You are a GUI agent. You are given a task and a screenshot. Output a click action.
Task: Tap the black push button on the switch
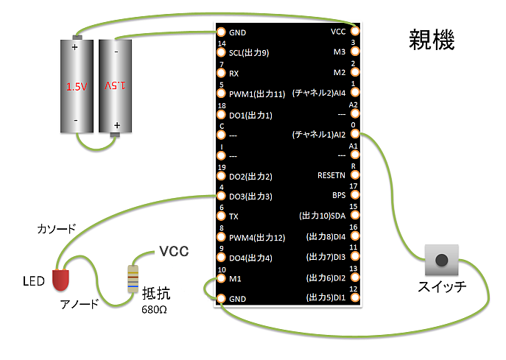441,260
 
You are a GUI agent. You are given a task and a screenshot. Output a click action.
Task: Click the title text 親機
432,40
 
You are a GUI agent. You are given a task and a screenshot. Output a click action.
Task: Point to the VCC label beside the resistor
174,252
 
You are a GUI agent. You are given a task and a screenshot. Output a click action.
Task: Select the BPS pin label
338,196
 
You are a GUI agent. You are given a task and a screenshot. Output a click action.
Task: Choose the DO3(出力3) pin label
250,197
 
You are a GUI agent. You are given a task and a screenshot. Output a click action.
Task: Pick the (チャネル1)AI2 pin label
319,135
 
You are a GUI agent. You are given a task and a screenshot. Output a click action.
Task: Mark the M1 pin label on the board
235,278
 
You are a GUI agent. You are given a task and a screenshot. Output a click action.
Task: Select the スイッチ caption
441,287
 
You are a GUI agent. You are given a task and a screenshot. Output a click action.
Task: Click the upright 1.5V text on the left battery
77,87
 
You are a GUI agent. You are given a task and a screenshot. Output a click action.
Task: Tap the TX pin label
233,216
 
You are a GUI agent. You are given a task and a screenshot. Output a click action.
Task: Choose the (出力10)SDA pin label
322,216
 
